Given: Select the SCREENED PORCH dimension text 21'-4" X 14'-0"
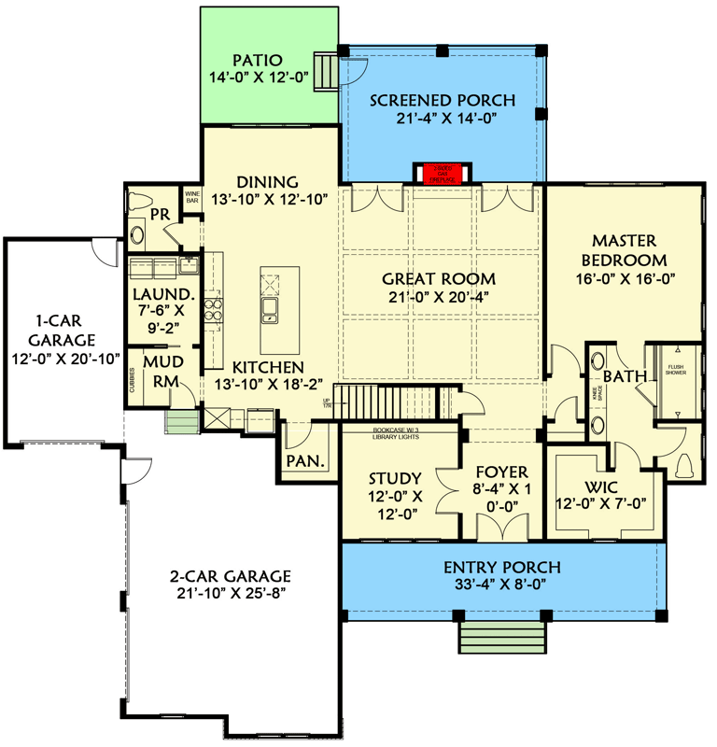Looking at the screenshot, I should coord(443,118).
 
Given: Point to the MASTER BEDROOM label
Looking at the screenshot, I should coord(624,250).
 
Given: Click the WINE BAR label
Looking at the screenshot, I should coord(192,197).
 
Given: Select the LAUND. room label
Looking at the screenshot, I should coord(162,295).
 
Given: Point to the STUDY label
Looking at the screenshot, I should coord(395,478).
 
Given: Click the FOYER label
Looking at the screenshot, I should coord(501,472).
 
